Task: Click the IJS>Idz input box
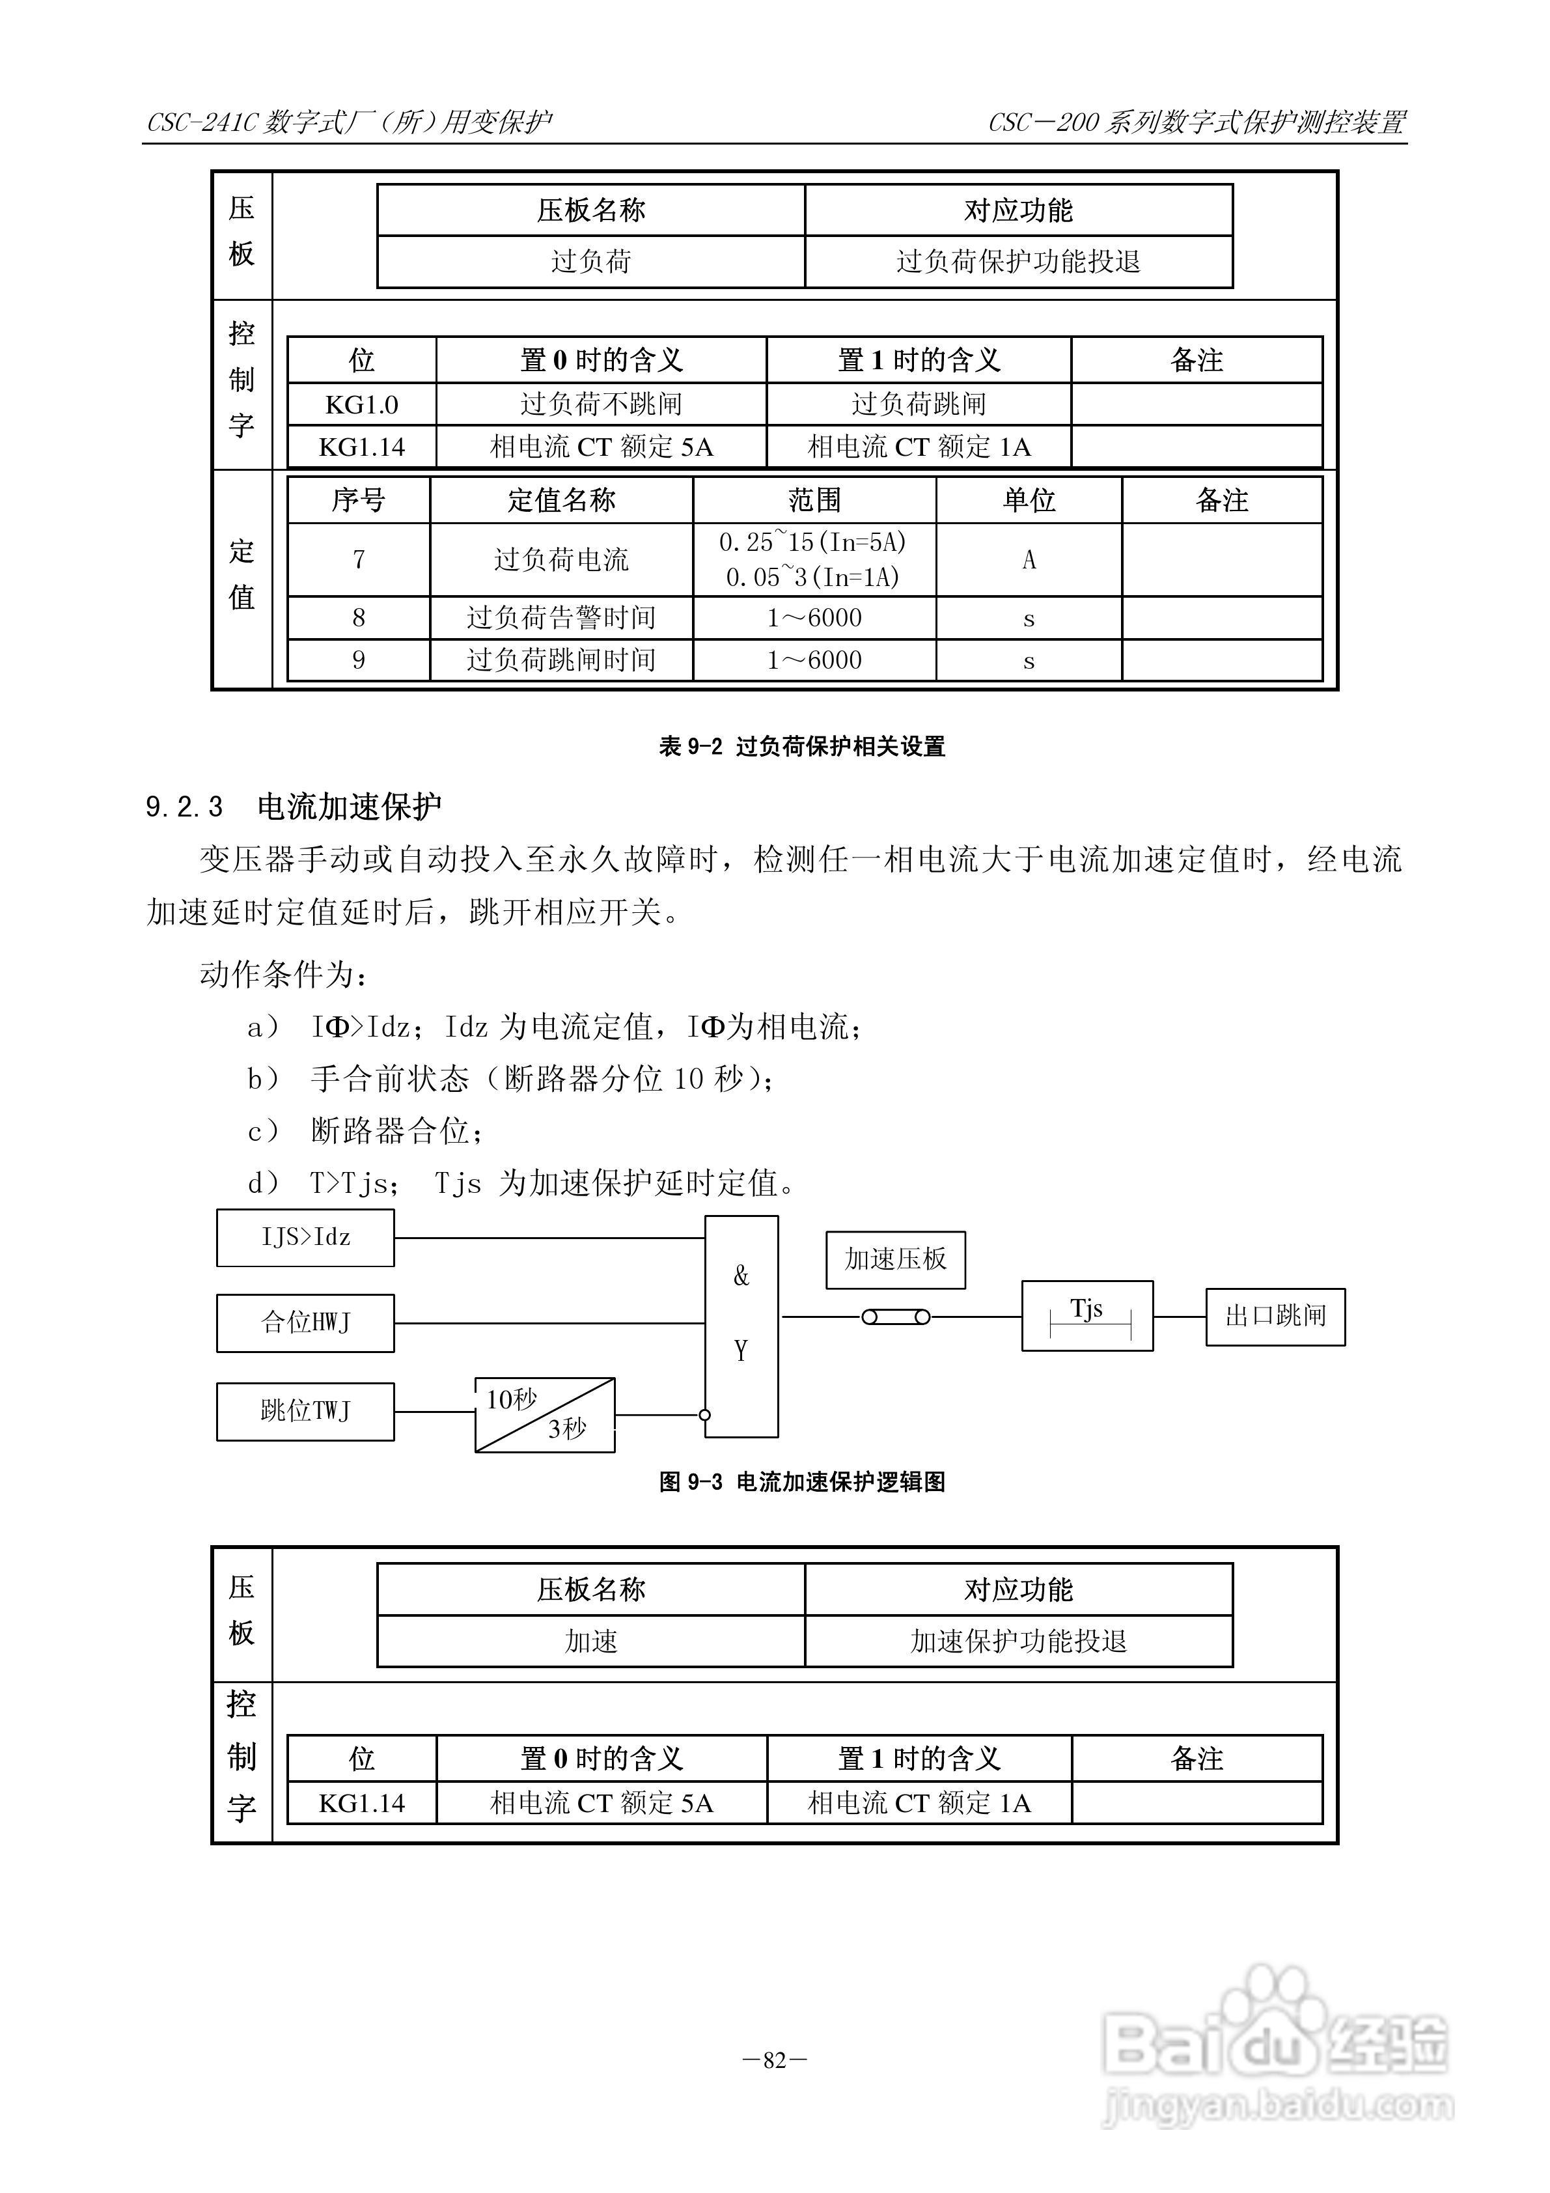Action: click(305, 1238)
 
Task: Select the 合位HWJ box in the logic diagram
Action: click(305, 1323)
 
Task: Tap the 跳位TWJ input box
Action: click(305, 1411)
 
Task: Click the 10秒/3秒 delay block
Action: click(544, 1414)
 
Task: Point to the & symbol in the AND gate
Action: click(741, 1276)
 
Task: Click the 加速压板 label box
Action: click(895, 1260)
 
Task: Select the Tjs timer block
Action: click(1086, 1315)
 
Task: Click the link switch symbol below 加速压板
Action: click(896, 1317)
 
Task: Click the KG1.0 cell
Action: click(361, 405)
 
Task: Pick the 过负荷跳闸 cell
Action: click(918, 405)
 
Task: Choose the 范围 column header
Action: click(814, 501)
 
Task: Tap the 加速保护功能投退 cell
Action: click(1018, 1641)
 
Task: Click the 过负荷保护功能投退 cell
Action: click(1018, 262)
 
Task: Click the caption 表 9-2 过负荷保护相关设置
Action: click(801, 746)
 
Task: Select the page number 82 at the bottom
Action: click(775, 2060)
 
